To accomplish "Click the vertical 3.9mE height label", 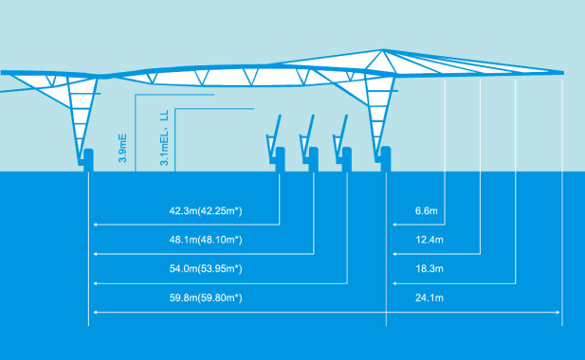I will (123, 148).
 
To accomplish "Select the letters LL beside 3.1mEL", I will (164, 117).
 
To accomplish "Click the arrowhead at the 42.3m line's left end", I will (95, 225).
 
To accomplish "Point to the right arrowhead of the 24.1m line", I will (559, 313).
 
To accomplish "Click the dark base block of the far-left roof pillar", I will (86, 159).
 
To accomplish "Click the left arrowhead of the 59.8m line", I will (95, 313).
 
